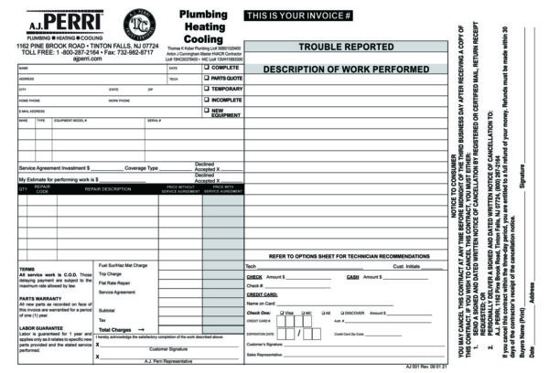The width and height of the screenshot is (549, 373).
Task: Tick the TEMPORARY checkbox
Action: (x=206, y=90)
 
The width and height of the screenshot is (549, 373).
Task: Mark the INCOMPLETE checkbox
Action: (x=206, y=100)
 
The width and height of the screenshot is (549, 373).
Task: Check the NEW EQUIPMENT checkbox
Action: (x=206, y=111)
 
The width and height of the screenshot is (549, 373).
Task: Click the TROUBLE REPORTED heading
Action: (x=346, y=46)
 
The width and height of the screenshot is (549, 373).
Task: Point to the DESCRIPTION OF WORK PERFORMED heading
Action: (x=346, y=69)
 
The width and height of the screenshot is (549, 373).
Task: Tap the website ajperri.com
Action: (x=87, y=59)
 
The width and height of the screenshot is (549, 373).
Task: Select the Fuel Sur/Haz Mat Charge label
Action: (x=123, y=265)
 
